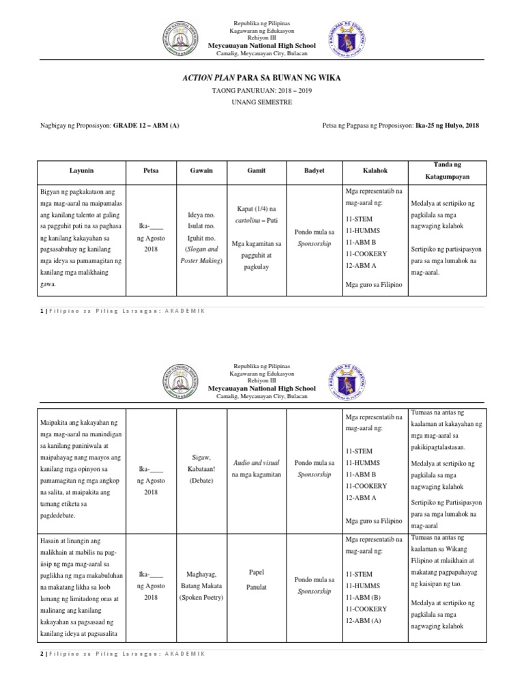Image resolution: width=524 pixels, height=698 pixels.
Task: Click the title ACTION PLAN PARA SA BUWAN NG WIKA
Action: pos(262,78)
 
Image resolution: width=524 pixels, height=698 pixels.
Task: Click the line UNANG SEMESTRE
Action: pos(262,102)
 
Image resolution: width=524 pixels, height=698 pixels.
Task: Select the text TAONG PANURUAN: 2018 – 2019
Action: pos(262,90)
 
